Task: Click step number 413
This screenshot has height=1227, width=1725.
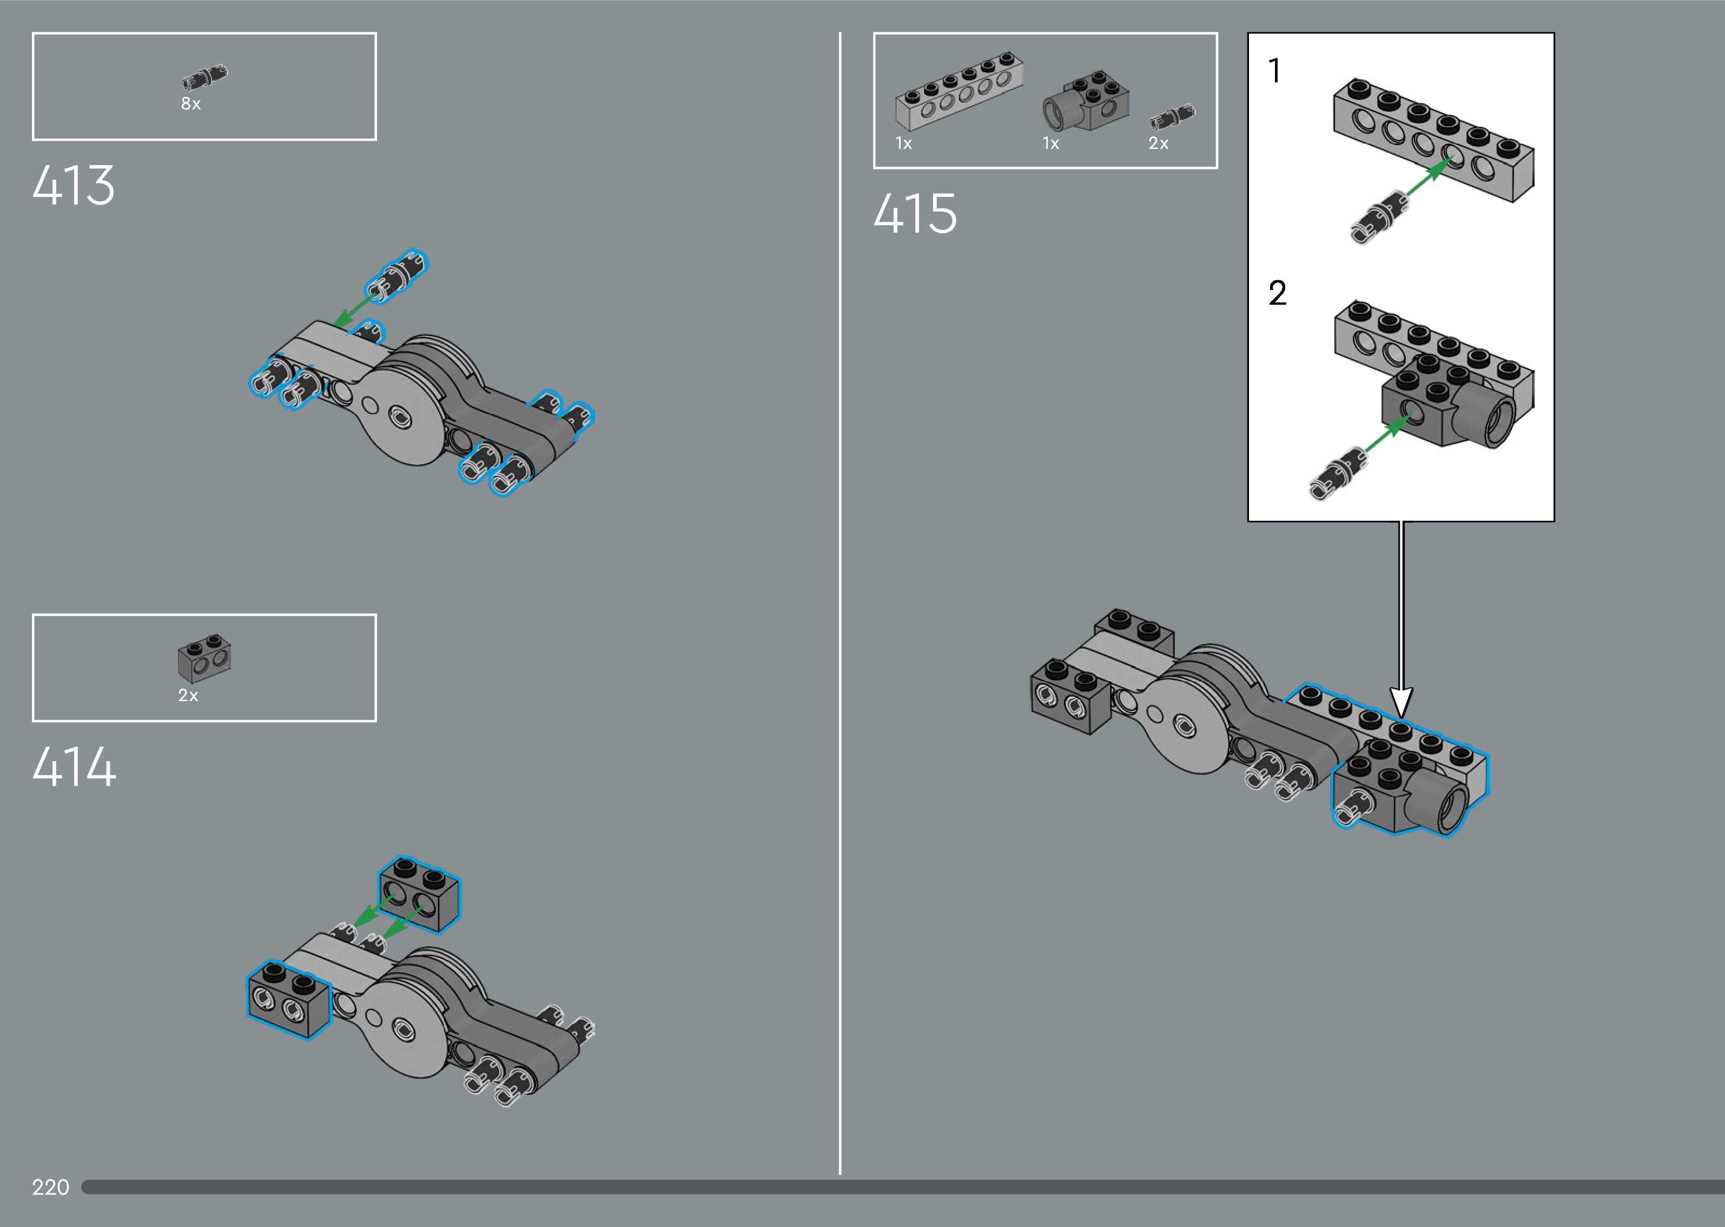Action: [x=73, y=185]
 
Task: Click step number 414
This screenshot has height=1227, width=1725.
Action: [x=74, y=767]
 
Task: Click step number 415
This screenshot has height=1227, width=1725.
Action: [x=915, y=213]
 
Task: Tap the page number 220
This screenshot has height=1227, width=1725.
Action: [x=51, y=1187]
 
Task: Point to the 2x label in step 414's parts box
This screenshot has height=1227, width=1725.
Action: [x=188, y=695]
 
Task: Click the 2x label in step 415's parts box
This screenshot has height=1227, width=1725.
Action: [x=1158, y=143]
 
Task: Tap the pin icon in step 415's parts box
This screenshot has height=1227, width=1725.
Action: [x=1172, y=116]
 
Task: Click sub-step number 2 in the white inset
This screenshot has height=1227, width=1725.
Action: [x=1277, y=293]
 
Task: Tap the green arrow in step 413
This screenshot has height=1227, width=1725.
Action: [x=356, y=311]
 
